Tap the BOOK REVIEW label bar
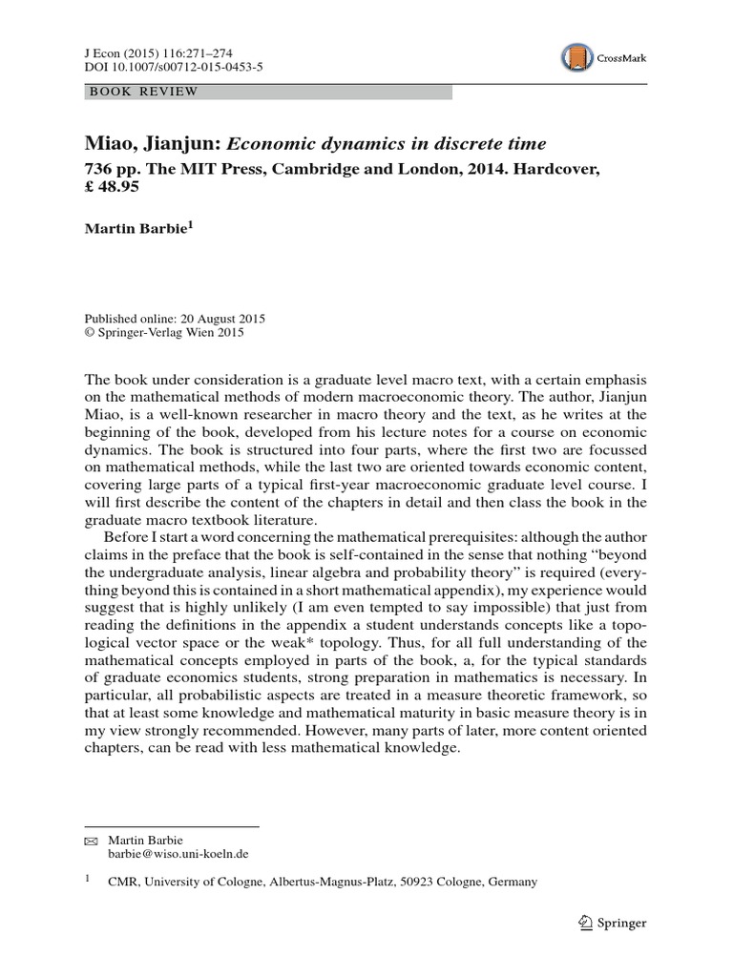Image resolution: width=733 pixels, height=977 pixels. (268, 92)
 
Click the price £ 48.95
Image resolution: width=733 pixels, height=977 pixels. (113, 187)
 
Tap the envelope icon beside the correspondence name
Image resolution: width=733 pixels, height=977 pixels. (92, 841)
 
